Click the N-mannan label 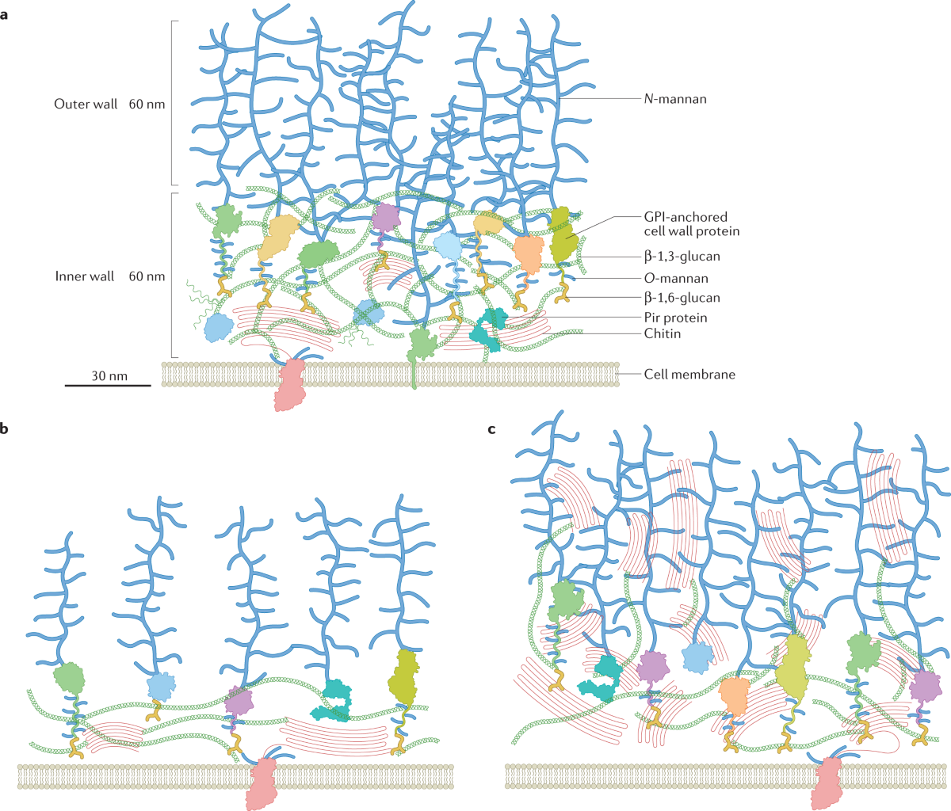(674, 99)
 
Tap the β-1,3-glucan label (682, 257)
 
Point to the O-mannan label (676, 278)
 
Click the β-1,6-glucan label (682, 298)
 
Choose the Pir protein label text (675, 318)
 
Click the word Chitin (663, 333)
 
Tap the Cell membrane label (689, 374)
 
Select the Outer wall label (86, 104)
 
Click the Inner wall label (85, 276)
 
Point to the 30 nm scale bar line (108, 386)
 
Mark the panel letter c (492, 429)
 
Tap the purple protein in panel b (239, 699)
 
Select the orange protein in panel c (735, 695)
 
